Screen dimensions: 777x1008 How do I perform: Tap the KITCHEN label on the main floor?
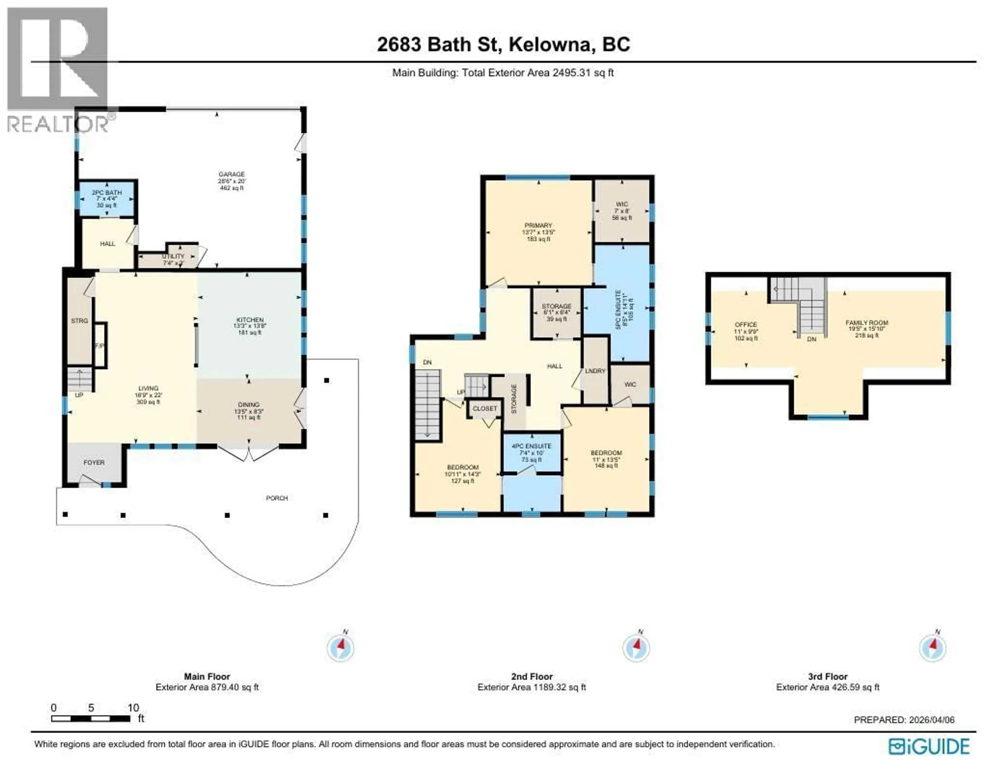point(250,320)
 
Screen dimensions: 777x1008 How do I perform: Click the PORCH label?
point(277,498)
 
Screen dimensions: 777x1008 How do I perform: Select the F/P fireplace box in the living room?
point(100,346)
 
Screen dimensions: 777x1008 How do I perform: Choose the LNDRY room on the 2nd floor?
point(595,371)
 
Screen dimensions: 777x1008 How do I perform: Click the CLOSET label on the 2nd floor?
point(485,408)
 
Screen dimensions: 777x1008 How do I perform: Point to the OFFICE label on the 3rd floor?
point(746,325)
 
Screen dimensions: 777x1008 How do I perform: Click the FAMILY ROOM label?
point(866,323)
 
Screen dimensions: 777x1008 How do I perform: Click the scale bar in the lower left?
point(91,719)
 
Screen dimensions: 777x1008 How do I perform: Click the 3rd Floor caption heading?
point(828,677)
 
